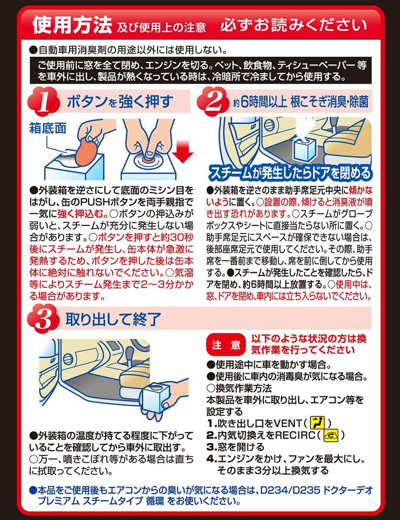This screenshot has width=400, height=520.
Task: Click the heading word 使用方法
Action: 73,25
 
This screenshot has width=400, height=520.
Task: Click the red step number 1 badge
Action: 44,102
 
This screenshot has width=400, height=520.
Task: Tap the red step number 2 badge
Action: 213,102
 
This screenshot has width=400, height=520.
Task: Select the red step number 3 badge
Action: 44,319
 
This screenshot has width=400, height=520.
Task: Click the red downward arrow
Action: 182,151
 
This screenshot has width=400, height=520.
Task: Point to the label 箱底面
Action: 48,128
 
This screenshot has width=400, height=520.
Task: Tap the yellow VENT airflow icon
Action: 317,423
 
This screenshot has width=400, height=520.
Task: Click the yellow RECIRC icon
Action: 330,435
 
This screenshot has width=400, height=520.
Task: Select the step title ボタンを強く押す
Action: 120,102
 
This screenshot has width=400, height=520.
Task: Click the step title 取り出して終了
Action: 113,319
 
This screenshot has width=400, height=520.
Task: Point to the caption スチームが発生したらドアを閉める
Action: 290,173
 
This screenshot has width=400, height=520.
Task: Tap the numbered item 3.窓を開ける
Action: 235,447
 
